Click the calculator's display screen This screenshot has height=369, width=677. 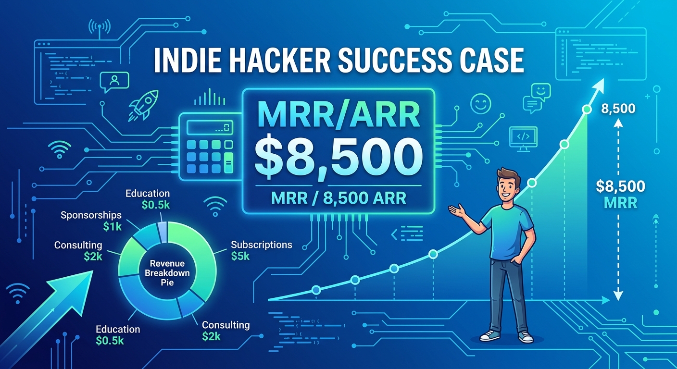point(210,127)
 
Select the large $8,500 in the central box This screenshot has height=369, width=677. point(338,158)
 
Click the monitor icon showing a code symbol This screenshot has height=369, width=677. point(523,139)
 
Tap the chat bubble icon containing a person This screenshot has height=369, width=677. point(114,82)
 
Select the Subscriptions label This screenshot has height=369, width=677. point(262,245)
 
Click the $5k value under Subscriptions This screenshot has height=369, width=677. point(240,257)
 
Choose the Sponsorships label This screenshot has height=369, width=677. point(91,215)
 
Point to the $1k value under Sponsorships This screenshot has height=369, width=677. point(113,226)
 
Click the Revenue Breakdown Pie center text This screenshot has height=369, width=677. point(167,273)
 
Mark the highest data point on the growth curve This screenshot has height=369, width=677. point(587,110)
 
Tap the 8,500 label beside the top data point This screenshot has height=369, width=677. point(618,109)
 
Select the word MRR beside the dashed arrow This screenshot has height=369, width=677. point(620,203)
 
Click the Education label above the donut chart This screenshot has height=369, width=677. point(148,194)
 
